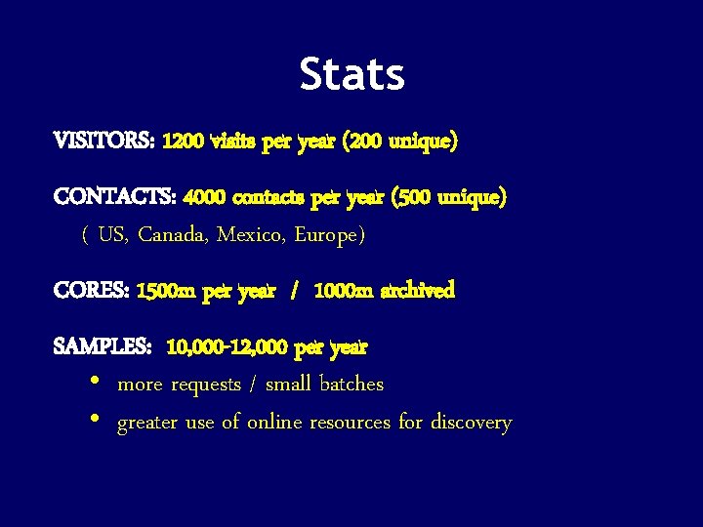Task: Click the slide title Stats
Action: click(351, 74)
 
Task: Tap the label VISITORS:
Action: click(104, 142)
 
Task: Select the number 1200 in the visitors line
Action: click(184, 142)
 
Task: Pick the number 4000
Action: click(204, 198)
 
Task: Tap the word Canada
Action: click(172, 235)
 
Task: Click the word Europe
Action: click(328, 235)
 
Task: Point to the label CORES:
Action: click(92, 291)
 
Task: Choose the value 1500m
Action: click(167, 291)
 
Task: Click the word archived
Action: click(417, 291)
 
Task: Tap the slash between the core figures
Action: click(293, 291)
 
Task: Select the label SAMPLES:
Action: click(103, 346)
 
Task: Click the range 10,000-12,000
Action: click(227, 346)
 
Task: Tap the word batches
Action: click(351, 385)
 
